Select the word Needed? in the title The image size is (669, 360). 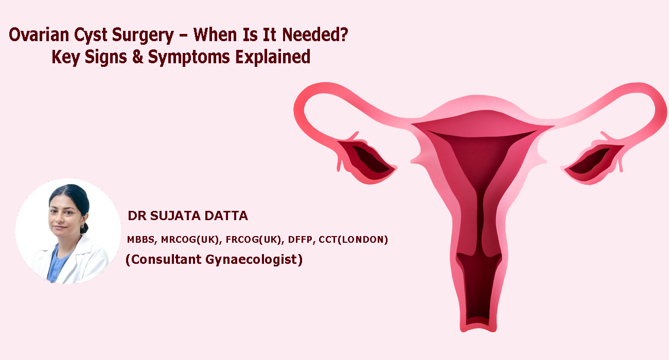tap(320, 36)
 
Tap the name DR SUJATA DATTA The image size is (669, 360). tap(187, 216)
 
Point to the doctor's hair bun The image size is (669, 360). tap(84, 227)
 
